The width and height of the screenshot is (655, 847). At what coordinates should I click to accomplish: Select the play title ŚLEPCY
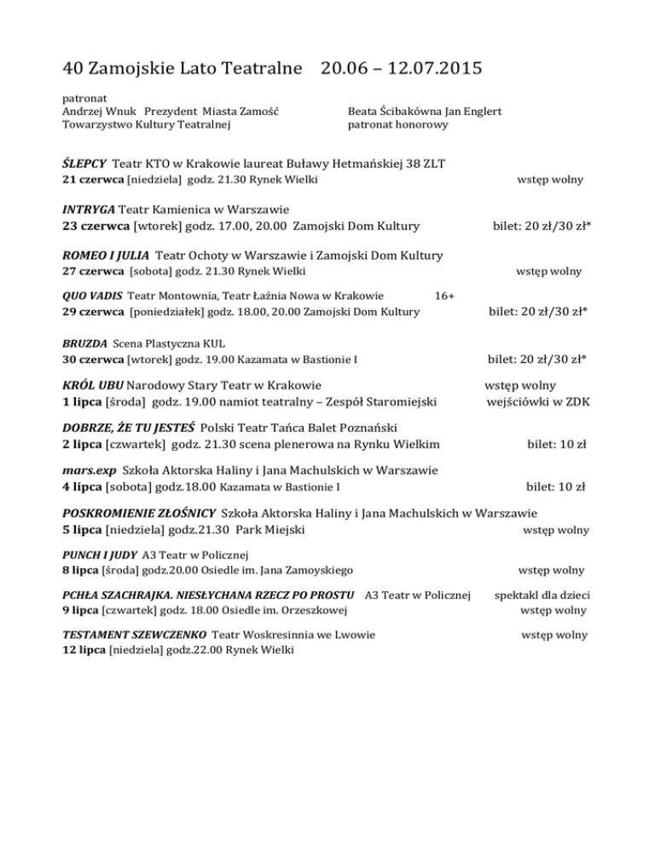(x=84, y=163)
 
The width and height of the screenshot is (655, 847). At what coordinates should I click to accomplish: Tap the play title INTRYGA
(x=89, y=209)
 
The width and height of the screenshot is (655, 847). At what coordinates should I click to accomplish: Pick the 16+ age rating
(x=443, y=295)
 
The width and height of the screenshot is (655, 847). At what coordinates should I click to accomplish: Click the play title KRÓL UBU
(x=94, y=384)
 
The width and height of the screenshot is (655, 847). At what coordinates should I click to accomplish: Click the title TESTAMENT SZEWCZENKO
(x=134, y=634)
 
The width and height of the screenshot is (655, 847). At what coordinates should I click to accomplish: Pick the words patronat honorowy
(x=397, y=125)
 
